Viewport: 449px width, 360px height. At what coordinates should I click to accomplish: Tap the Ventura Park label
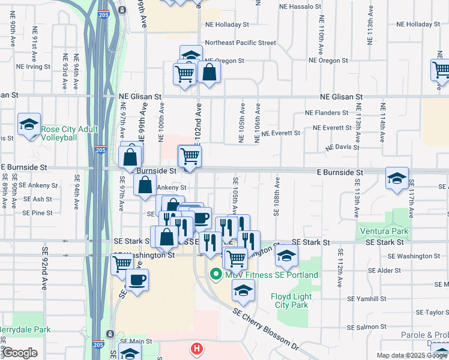point(384,231)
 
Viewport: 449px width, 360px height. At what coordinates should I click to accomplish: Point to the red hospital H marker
point(196,349)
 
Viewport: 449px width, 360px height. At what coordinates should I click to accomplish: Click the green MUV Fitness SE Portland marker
point(216,275)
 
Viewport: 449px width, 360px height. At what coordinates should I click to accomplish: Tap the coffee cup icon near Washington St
point(137,280)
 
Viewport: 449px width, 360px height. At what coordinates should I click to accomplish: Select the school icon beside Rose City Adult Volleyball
point(29,125)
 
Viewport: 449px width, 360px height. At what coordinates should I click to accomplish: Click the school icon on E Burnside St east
point(397,179)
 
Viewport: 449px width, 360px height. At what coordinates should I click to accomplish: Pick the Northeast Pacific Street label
point(241,43)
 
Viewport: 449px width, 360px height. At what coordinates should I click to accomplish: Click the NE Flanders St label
point(327,113)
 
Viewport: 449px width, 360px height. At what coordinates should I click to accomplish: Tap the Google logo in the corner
point(20,353)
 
